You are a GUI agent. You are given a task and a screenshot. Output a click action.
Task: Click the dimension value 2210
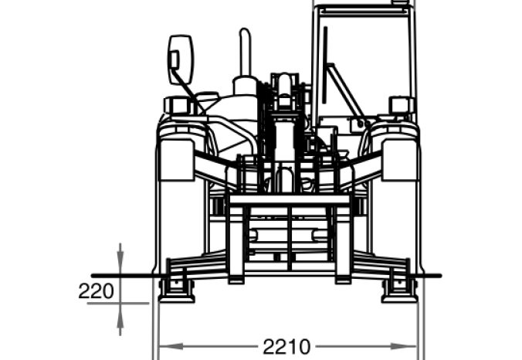[x=286, y=347]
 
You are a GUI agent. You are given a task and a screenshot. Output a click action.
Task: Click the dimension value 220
[x=97, y=291]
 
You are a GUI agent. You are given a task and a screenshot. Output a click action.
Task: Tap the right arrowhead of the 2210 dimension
[x=404, y=346]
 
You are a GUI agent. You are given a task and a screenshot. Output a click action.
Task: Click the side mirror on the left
[x=181, y=59]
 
